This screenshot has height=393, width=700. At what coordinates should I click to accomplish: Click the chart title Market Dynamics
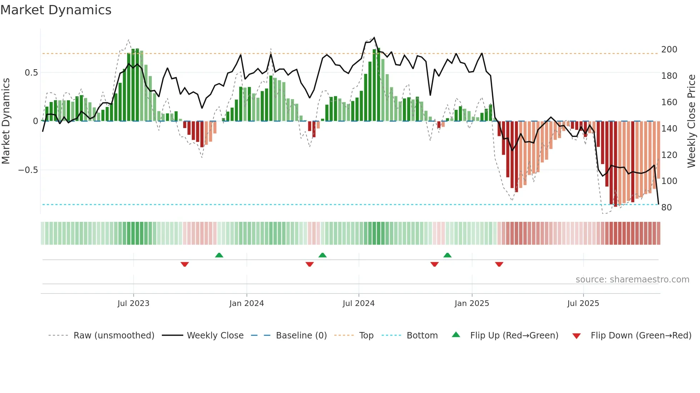[x=56, y=10]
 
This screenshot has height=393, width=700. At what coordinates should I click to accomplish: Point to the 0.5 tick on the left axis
[x=31, y=73]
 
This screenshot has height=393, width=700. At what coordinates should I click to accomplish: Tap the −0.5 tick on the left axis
[x=28, y=170]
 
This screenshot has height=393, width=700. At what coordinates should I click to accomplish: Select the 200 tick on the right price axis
[x=669, y=50]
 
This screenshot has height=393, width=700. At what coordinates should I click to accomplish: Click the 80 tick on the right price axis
[x=666, y=208]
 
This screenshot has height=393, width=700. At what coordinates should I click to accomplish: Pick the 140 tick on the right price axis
[x=669, y=129]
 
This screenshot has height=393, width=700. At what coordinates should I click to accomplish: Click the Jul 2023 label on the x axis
[x=133, y=303]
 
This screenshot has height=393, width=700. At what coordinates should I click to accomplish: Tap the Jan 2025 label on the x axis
[x=471, y=303]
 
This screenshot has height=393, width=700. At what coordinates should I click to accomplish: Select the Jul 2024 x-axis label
[x=358, y=303]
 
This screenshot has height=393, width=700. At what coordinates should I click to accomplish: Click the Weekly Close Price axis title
[x=691, y=121]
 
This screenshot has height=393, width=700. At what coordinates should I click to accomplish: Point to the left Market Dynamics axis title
[x=6, y=121]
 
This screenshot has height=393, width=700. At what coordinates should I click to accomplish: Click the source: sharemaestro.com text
[x=632, y=280]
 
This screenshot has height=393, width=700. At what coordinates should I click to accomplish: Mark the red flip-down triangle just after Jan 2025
[x=499, y=264]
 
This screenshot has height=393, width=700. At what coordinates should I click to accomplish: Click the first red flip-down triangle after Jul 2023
[x=185, y=264]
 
